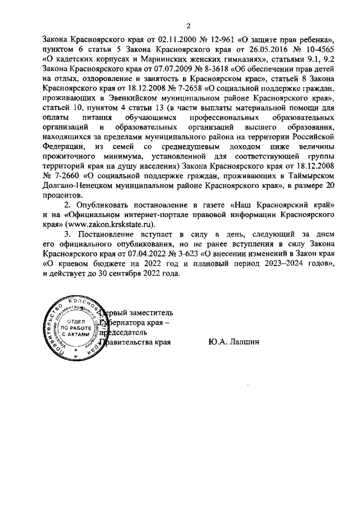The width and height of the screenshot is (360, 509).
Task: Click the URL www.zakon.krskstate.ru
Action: (x=105, y=224)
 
